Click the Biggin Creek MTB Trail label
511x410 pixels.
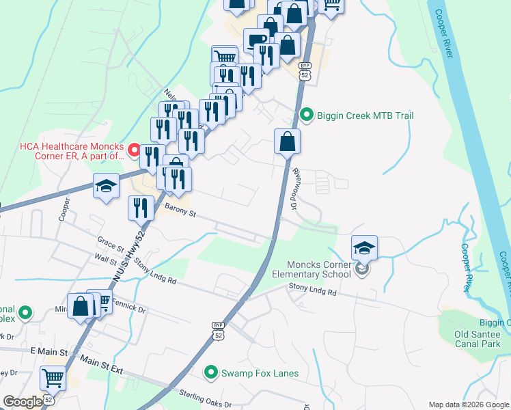pos(365,115)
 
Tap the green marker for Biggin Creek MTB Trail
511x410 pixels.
pos(307,115)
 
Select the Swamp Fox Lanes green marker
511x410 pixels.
pos(211,372)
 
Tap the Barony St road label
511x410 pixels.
pos(180,213)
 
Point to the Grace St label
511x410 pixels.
pos(110,243)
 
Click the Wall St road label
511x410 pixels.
pos(107,259)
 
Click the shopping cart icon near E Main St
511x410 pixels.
pos(53,377)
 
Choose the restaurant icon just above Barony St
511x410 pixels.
pos(141,208)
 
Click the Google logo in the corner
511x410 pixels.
pos(23,402)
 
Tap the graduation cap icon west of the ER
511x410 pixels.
pos(106,187)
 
